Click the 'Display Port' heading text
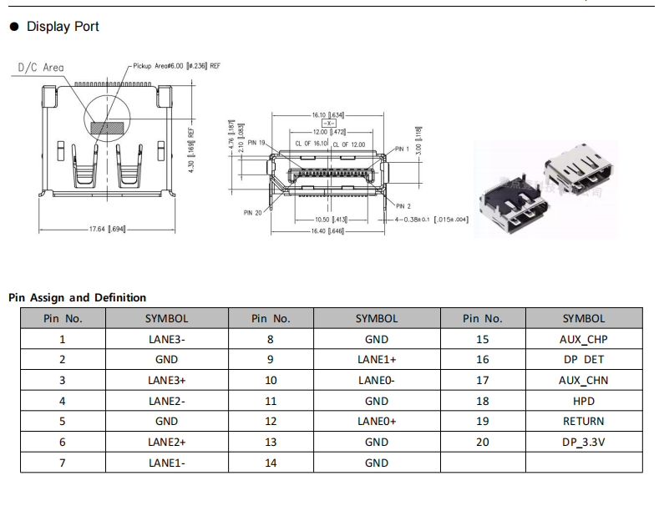[x=63, y=27]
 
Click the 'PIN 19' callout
[x=257, y=144]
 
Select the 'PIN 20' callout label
[x=253, y=212]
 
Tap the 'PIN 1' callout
[x=404, y=149]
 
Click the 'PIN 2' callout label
[x=404, y=205]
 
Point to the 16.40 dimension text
[x=328, y=230]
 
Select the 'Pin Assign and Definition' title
[x=77, y=297]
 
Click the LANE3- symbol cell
[x=166, y=339]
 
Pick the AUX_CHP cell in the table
[x=583, y=339]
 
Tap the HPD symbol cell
[x=583, y=401]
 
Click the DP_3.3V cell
[x=583, y=442]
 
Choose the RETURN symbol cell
[x=583, y=422]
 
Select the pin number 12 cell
[x=271, y=422]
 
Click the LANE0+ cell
[x=377, y=422]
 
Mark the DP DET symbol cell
[x=583, y=360]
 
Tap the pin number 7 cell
[x=62, y=463]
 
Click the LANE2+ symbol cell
[x=166, y=442]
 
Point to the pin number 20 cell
[x=482, y=442]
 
